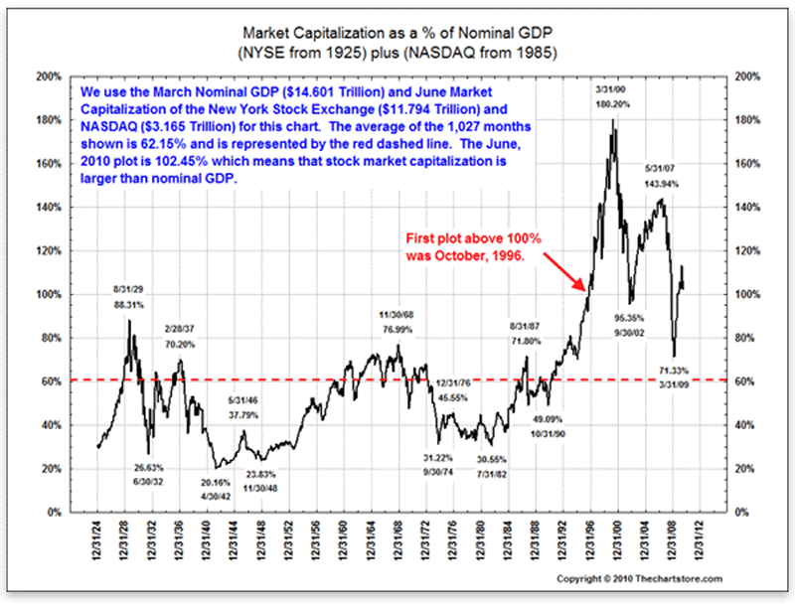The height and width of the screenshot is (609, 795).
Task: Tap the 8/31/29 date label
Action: click(x=129, y=289)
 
